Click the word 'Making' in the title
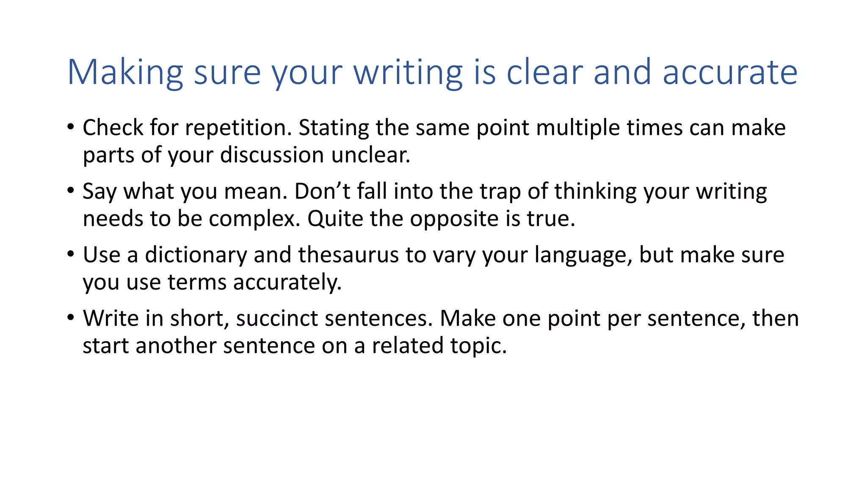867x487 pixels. click(x=125, y=73)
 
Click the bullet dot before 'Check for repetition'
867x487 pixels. click(x=71, y=127)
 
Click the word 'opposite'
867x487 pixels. click(x=454, y=219)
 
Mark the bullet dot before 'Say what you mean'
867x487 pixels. click(x=71, y=191)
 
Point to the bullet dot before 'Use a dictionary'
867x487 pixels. click(x=71, y=254)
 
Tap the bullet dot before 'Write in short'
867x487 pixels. click(x=71, y=317)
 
